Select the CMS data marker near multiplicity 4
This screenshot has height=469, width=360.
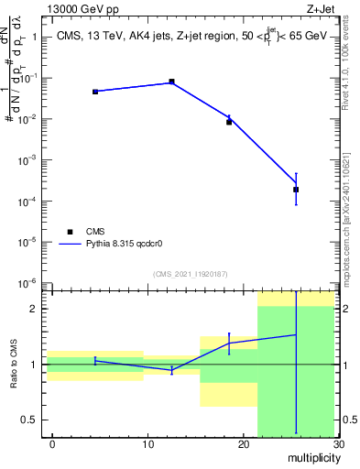95,92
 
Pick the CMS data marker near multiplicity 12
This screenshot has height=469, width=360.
171,82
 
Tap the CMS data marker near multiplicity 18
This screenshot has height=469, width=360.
229,122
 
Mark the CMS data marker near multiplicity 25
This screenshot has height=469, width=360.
296,190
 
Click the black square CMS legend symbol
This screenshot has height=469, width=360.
70,232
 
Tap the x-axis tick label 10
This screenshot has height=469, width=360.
147,444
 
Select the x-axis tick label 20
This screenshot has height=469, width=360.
243,444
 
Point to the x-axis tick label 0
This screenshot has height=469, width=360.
52,444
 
